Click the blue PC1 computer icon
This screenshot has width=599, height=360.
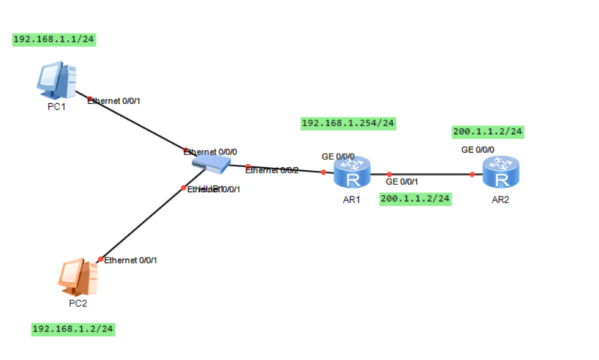click(56, 79)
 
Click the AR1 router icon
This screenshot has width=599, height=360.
click(352, 173)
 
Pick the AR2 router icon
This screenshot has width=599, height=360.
click(501, 173)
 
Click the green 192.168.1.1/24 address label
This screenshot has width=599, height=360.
click(54, 39)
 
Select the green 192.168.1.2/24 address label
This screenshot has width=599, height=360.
click(73, 329)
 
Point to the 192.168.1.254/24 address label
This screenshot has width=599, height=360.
click(348, 123)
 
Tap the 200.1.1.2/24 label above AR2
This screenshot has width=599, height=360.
click(487, 131)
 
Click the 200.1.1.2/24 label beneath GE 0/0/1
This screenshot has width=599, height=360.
click(415, 198)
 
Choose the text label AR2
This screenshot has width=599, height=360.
click(500, 200)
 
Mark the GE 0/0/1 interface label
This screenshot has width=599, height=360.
click(402, 181)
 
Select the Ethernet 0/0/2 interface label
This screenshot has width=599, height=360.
click(272, 170)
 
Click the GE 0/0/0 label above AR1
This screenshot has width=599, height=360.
click(338, 157)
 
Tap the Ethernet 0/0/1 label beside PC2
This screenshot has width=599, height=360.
click(131, 260)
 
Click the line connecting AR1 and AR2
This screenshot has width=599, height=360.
click(430, 175)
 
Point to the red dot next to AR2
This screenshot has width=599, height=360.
click(472, 175)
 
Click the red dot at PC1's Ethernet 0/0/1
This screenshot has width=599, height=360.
click(90, 99)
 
